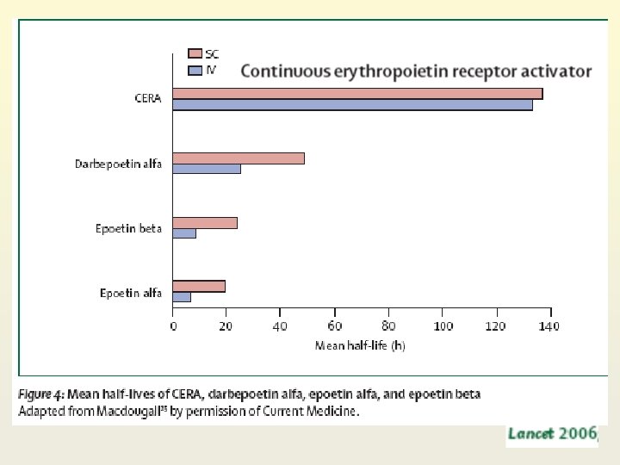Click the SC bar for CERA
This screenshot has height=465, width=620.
357,94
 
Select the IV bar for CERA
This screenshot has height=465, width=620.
352,105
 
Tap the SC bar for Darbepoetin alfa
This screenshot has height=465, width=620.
239,158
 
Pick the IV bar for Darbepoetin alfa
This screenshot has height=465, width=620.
207,169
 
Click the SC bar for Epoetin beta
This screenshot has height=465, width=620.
205,223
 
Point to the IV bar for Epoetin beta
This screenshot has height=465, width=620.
184,233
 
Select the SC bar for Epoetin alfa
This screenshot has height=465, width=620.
199,286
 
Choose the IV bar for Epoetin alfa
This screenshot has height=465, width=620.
182,297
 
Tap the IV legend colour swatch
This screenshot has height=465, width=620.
195,70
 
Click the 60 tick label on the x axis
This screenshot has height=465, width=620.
334,326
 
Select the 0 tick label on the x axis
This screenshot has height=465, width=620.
173,326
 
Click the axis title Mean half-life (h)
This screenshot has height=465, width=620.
360,345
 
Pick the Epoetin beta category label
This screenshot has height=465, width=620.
128,229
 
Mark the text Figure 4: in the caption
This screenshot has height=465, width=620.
40,394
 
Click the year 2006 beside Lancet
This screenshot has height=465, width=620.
579,434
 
